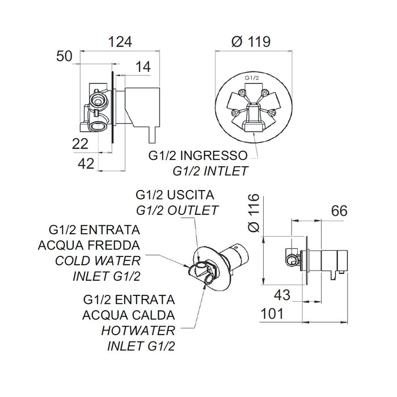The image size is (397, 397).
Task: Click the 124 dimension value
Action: click(120, 42)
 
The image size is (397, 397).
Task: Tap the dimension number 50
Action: click(64, 56)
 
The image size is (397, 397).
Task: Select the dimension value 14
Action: click(143, 67)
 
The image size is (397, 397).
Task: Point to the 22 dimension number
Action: click(81, 144)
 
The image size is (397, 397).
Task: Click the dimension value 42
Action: click(86, 163)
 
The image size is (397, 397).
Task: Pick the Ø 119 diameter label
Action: click(251, 41)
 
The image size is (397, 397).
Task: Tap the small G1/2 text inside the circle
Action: click(252, 78)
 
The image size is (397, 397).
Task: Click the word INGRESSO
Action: click(214, 155)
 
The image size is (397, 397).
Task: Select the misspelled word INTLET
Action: click(225, 171)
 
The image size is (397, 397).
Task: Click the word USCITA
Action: click(191, 195)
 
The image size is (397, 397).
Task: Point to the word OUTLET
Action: click(193, 210)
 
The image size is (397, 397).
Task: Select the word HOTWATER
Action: click(138, 331)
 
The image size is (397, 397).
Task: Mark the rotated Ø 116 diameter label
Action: click(254, 213)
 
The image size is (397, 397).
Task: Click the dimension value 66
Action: click(340, 211)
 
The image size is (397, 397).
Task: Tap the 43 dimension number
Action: click(282, 295)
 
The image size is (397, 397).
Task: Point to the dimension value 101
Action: click(272, 314)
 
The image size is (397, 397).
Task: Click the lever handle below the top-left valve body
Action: click(153, 134)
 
